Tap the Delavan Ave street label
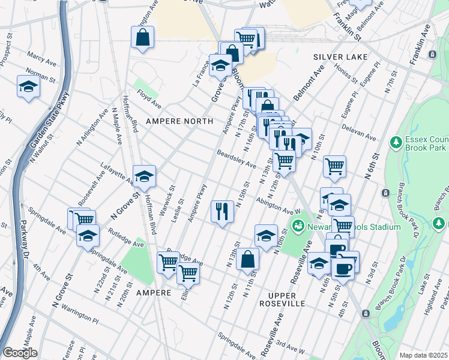(x=359, y=133)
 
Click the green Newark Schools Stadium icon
(x=297, y=226)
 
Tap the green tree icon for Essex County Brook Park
(x=395, y=142)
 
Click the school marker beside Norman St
(x=28, y=86)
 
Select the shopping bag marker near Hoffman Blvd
(x=143, y=38)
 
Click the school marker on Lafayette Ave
(x=143, y=176)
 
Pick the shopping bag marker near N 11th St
(x=248, y=260)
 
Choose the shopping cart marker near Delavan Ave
(x=334, y=166)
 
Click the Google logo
(x=20, y=353)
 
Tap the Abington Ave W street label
(x=277, y=206)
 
